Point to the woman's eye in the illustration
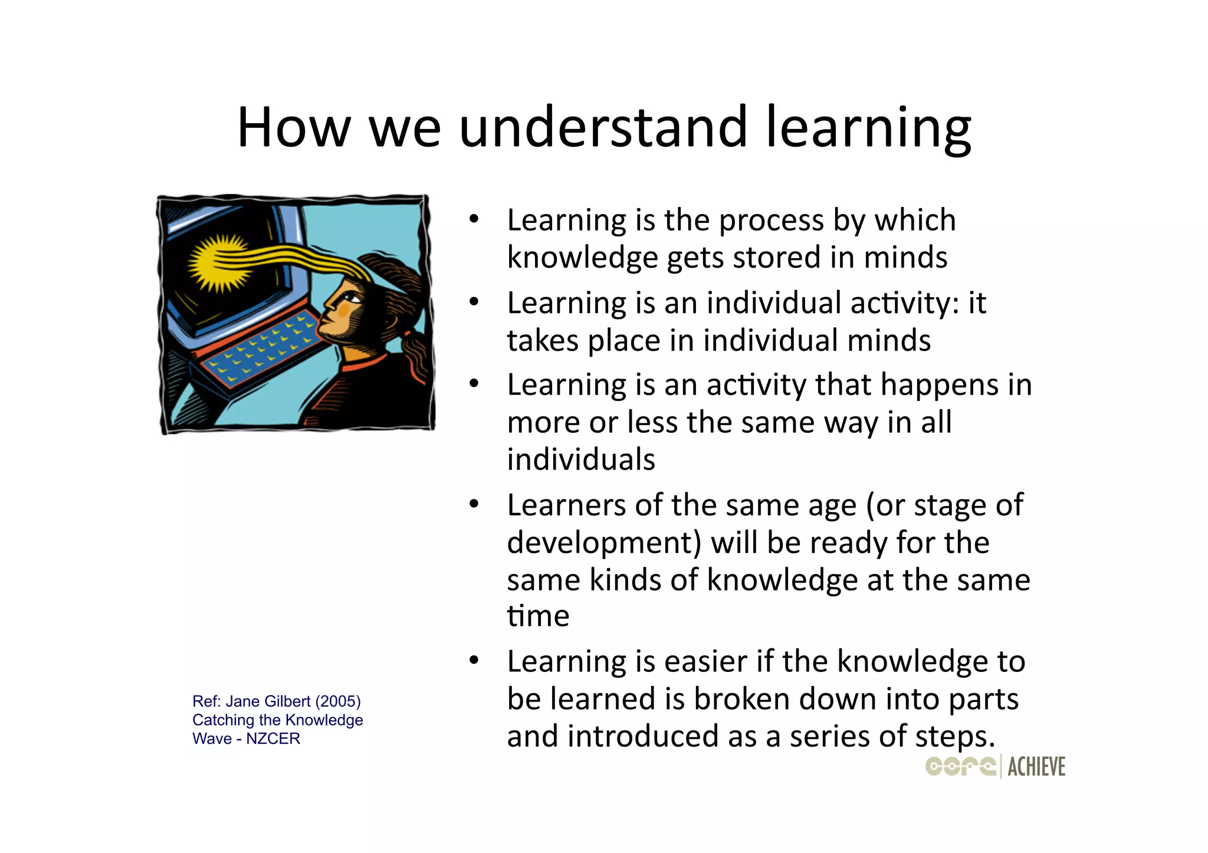tap(352, 298)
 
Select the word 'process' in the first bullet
tap(771, 221)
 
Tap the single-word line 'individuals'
tap(581, 460)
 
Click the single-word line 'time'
tap(538, 617)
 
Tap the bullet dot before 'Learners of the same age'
tap(474, 505)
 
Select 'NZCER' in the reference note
tap(273, 739)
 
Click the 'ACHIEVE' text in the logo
tap(1036, 766)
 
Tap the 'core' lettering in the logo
tap(960, 766)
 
